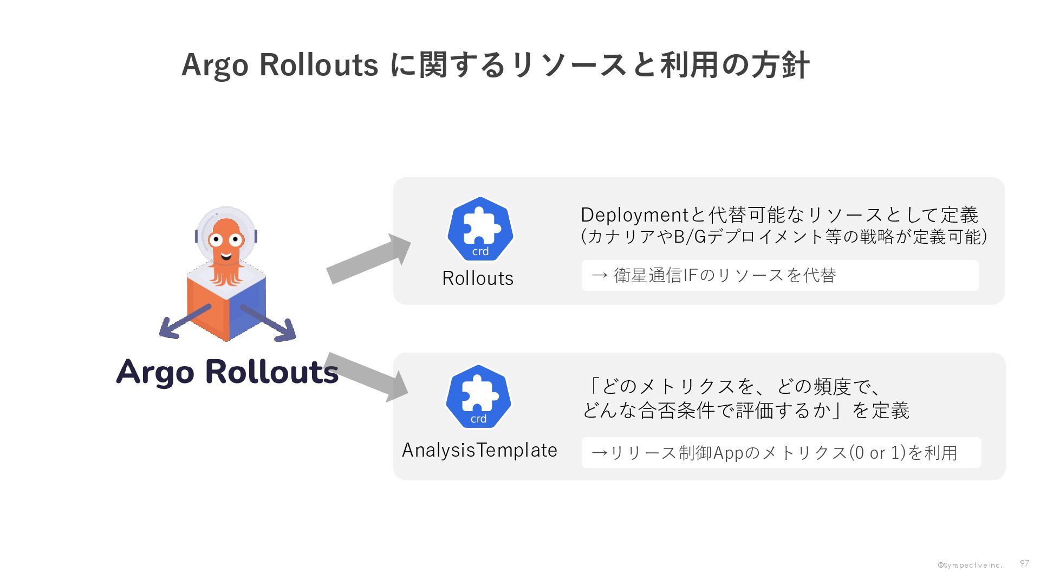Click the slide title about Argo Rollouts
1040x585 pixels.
pyautogui.click(x=495, y=65)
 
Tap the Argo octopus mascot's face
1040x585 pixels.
pyautogui.click(x=226, y=241)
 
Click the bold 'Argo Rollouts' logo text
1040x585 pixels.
pyautogui.click(x=227, y=372)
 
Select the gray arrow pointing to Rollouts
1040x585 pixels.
pyautogui.click(x=368, y=259)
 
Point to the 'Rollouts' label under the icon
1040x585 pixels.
pyautogui.click(x=478, y=278)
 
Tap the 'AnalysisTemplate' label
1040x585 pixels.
pyautogui.click(x=479, y=450)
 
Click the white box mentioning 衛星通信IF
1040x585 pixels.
pyautogui.click(x=780, y=276)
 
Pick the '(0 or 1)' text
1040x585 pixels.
pyautogui.click(x=877, y=453)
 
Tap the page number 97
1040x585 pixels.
pyautogui.click(x=1024, y=563)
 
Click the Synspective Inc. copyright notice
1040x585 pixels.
pyautogui.click(x=970, y=565)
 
